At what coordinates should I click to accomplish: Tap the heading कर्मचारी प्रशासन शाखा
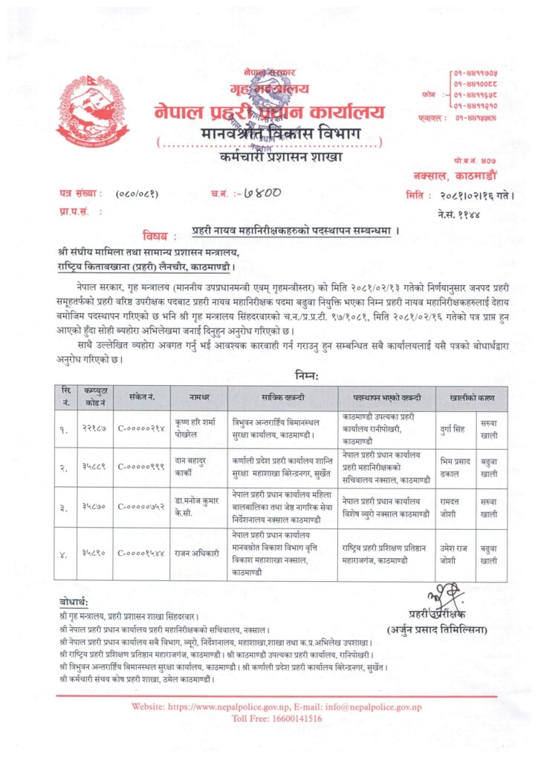(270, 157)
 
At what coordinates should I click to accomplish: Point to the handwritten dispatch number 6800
(259, 194)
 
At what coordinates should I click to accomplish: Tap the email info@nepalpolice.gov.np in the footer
(372, 707)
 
